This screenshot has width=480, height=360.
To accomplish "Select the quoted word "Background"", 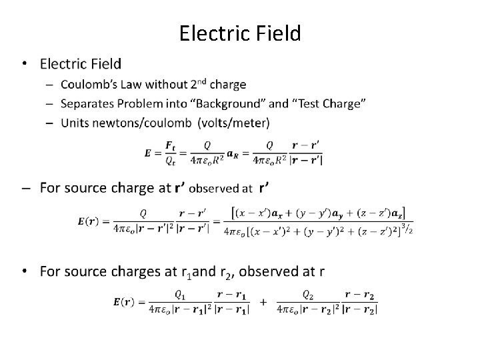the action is [229, 103].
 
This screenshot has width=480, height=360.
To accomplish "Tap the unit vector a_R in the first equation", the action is [233, 153].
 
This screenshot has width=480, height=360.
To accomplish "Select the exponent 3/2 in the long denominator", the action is [406, 229].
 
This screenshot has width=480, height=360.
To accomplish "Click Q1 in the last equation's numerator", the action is [181, 294].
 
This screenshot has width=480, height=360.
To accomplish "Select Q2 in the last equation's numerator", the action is [307, 294].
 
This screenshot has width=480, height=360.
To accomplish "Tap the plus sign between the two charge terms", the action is [264, 302].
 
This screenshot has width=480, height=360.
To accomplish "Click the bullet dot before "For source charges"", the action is [25, 271].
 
